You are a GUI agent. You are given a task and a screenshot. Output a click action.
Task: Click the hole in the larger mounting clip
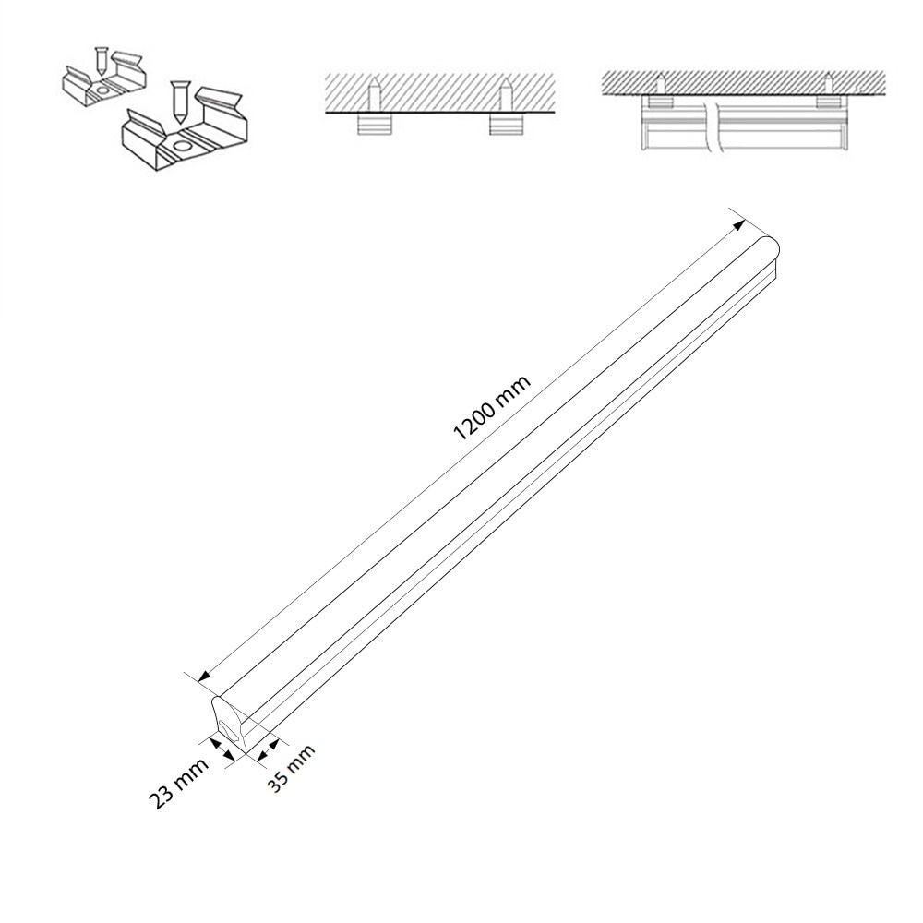[x=181, y=146]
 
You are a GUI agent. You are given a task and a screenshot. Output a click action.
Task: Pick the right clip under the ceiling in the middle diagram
[x=504, y=124]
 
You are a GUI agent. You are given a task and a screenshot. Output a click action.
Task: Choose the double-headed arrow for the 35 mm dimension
[x=269, y=746]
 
